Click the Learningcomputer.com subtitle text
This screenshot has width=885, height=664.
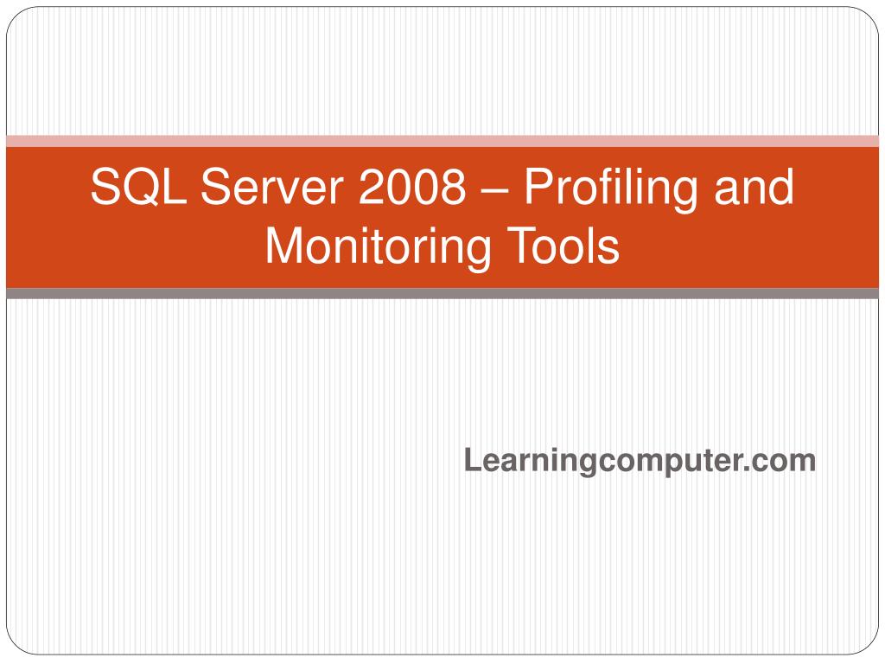[640, 461]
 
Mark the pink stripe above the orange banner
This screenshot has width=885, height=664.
[442, 141]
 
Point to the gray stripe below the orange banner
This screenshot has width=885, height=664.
[442, 294]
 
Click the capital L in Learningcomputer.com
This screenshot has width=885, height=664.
[472, 460]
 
